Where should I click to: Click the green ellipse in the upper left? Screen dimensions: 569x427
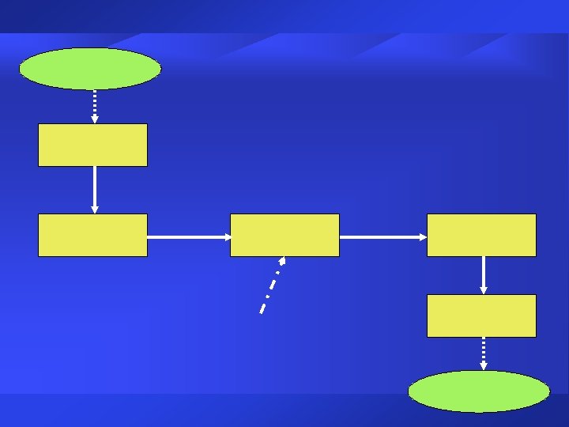[x=90, y=69]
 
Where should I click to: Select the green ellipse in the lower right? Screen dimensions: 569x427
[x=479, y=391]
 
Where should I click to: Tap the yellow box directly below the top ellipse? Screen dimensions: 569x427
[x=92, y=145]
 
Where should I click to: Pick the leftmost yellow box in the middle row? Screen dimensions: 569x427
[x=92, y=235]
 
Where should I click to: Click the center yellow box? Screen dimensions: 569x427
[x=284, y=235]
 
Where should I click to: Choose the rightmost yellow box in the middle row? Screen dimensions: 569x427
[x=481, y=235]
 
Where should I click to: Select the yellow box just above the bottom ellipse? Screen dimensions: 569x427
[x=481, y=316]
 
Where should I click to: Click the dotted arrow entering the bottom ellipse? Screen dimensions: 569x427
[x=483, y=352]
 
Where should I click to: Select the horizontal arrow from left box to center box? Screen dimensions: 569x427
[x=188, y=236]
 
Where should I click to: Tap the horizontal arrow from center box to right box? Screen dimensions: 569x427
[x=382, y=236]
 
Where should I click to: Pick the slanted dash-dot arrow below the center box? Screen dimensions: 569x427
[x=272, y=285]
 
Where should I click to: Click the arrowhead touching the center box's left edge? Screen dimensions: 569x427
[x=226, y=236]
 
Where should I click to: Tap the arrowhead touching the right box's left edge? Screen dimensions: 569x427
[x=423, y=236]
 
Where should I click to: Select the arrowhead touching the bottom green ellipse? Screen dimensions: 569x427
[x=483, y=366]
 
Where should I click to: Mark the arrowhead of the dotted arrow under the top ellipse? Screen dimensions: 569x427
[x=95, y=119]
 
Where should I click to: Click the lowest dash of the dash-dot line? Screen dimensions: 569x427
[x=262, y=308]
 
